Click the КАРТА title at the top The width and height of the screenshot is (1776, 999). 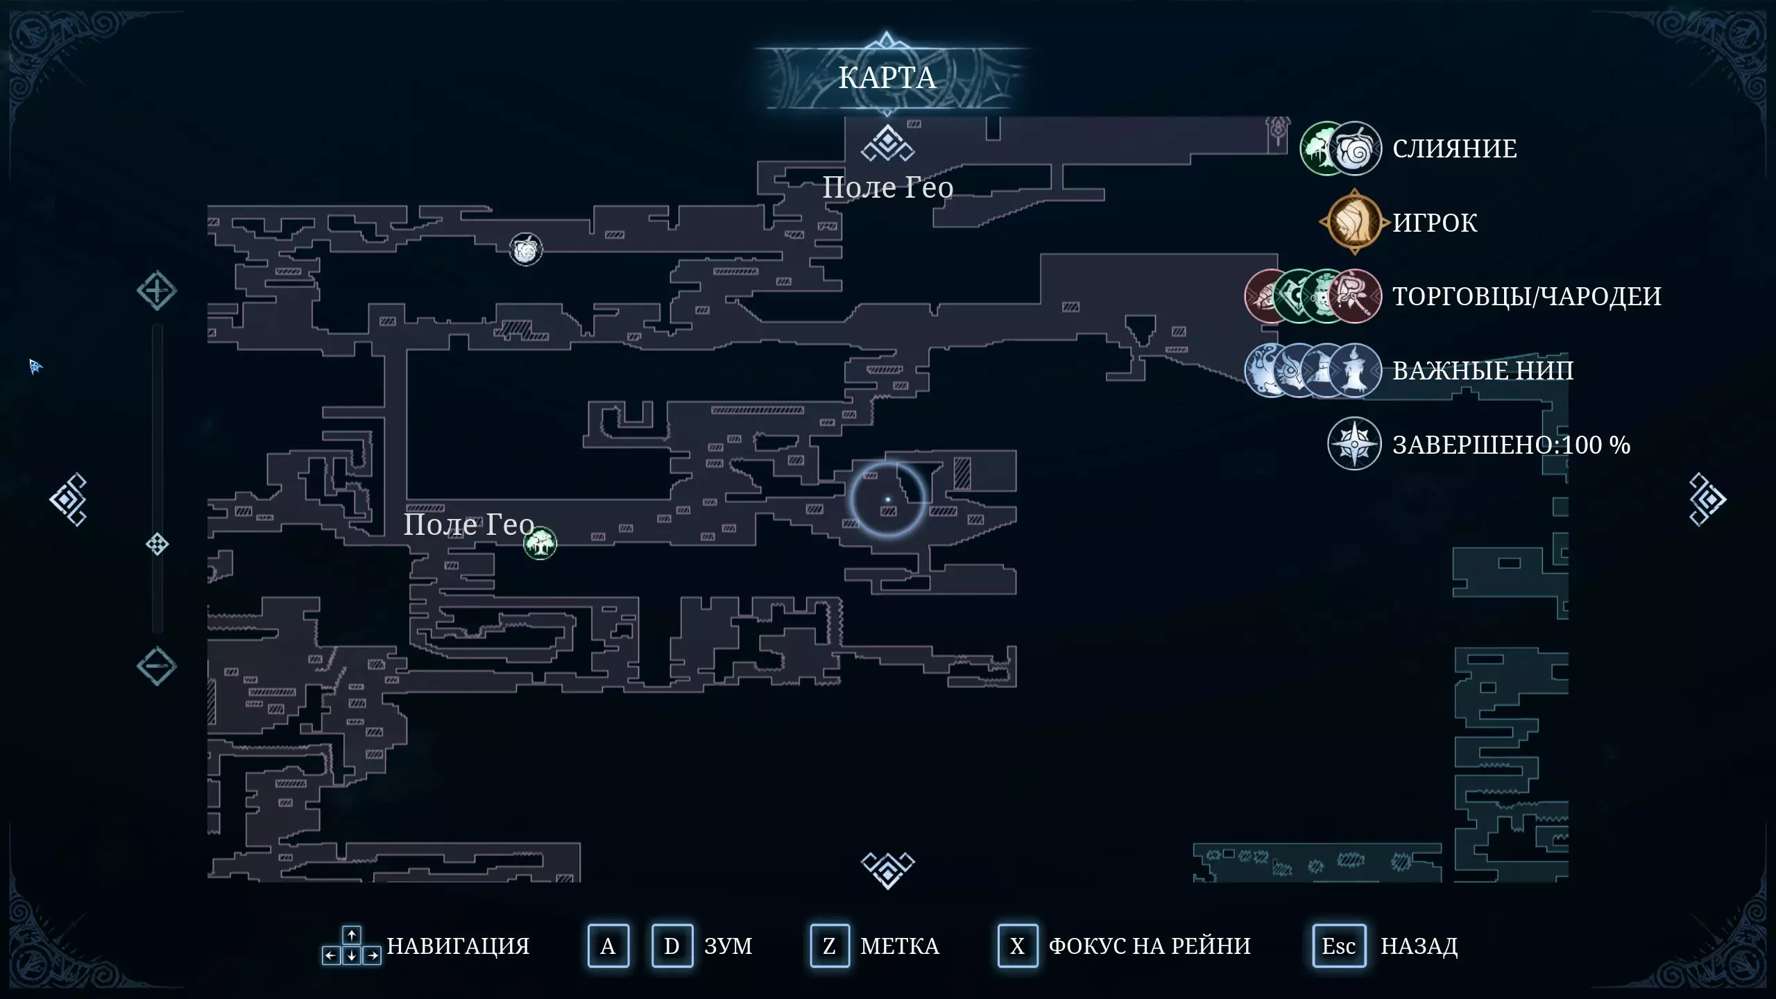pyautogui.click(x=887, y=78)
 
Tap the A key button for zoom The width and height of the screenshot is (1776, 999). pyautogui.click(x=608, y=946)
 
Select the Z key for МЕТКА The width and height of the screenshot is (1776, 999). pyautogui.click(x=829, y=946)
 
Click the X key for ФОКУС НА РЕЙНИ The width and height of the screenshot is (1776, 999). pyautogui.click(x=1017, y=946)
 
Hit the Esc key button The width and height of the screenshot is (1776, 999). pyautogui.click(x=1338, y=946)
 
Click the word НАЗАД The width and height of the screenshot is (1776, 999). pyautogui.click(x=1419, y=946)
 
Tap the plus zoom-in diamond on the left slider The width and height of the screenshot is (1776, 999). pyautogui.click(x=156, y=291)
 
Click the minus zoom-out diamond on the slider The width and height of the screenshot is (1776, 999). pyautogui.click(x=156, y=666)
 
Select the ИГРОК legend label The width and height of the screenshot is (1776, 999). pyautogui.click(x=1435, y=223)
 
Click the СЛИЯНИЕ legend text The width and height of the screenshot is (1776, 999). pyautogui.click(x=1454, y=148)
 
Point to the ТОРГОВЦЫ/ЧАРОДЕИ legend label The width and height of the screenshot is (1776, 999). pyautogui.click(x=1526, y=296)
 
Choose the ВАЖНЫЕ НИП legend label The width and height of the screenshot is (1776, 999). pyautogui.click(x=1483, y=370)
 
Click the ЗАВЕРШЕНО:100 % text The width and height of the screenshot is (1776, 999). pyautogui.click(x=1511, y=445)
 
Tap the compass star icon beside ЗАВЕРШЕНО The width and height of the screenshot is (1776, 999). pyautogui.click(x=1354, y=444)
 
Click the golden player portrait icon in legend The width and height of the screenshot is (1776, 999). pyautogui.click(x=1354, y=223)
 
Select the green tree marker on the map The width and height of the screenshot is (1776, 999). pyautogui.click(x=540, y=543)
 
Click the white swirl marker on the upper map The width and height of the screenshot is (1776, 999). pyautogui.click(x=526, y=249)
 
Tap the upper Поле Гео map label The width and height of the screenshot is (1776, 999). pyautogui.click(x=887, y=187)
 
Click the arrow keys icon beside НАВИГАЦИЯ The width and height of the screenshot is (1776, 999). pyautogui.click(x=351, y=946)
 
